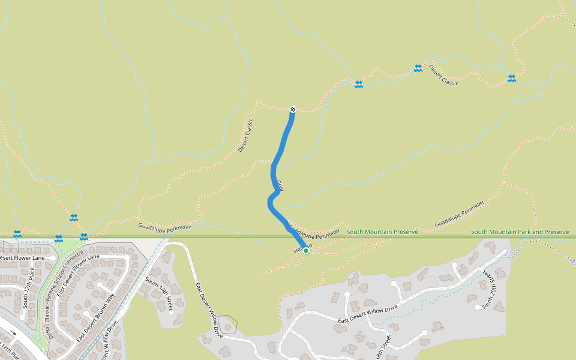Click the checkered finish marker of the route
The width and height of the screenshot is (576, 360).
[292, 109]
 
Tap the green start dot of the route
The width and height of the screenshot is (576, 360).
[305, 251]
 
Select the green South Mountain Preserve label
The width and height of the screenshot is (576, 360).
[382, 232]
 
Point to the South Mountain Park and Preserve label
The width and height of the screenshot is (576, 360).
[520, 232]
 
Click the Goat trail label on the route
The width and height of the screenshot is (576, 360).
[280, 185]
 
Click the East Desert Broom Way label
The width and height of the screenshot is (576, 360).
[95, 318]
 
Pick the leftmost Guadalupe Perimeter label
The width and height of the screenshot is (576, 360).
[164, 227]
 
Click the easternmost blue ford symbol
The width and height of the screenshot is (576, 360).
[511, 78]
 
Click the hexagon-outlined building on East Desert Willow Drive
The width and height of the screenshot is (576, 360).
[227, 326]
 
